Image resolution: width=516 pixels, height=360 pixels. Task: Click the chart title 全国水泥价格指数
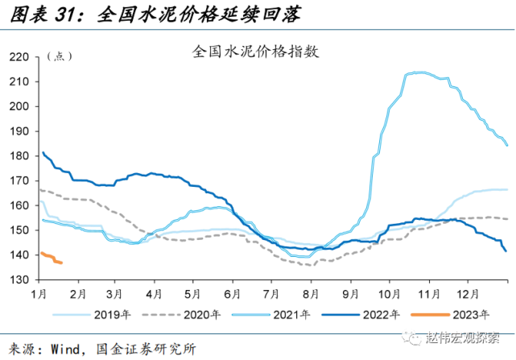tap(257, 52)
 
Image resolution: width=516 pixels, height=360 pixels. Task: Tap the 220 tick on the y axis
tap(19, 57)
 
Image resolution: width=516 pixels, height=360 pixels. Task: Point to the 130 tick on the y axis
tap(19, 279)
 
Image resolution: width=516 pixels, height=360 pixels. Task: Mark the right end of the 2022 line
tap(506, 251)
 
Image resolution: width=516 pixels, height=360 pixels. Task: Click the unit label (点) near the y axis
tap(60, 56)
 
